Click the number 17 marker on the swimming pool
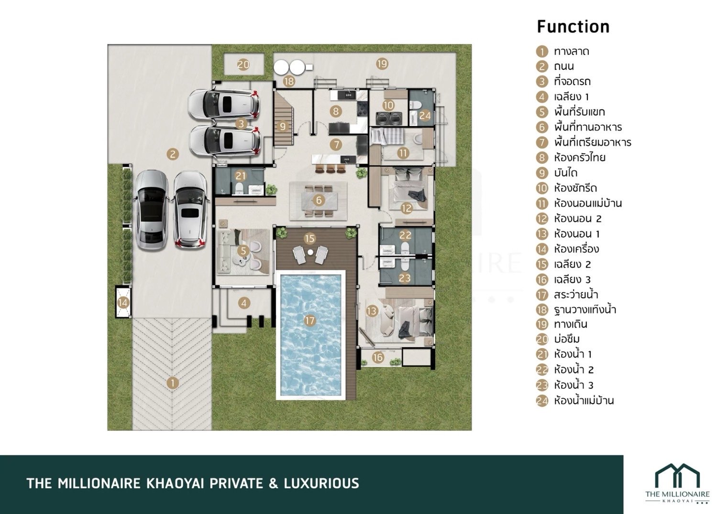(310, 321)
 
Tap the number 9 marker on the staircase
(282, 126)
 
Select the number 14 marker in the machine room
(123, 303)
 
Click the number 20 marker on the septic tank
(243, 64)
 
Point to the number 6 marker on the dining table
(319, 200)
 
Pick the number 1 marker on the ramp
(173, 383)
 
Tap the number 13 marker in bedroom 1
(372, 311)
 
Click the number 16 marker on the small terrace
(378, 358)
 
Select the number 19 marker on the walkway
(382, 64)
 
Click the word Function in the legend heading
(573, 27)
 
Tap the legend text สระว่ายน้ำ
(576, 295)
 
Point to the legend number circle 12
(542, 219)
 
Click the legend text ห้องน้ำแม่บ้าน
(584, 400)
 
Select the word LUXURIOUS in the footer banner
(321, 483)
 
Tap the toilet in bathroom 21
(239, 188)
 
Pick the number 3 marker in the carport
(241, 124)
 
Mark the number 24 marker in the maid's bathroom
(424, 115)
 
